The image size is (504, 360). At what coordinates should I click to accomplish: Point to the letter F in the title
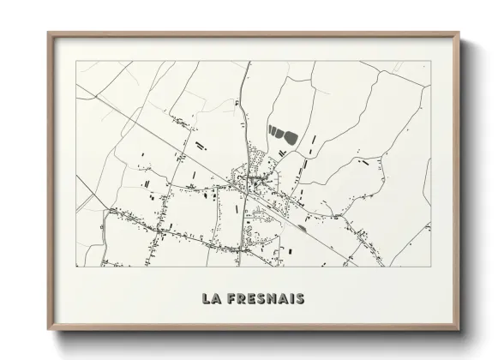[x=231, y=298]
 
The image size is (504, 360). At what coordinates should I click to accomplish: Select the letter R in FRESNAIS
[x=241, y=298]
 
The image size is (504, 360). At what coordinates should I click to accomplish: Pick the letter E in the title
[x=250, y=298]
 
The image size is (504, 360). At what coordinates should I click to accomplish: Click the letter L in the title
[x=206, y=298]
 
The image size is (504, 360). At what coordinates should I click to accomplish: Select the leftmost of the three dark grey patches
[x=272, y=130]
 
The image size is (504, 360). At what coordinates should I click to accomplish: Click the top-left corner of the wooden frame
[x=49, y=33]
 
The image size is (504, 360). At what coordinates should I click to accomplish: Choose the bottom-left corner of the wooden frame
[x=49, y=328]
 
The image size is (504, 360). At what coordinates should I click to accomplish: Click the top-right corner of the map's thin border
[x=430, y=61]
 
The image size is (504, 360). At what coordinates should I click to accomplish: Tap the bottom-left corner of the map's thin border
[x=76, y=267]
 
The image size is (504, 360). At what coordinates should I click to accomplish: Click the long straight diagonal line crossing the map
[x=171, y=146]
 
